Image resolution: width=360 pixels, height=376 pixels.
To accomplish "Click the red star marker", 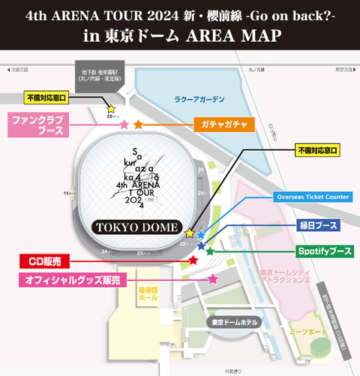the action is click(193, 260).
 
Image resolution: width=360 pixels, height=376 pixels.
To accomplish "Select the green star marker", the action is click(210, 251).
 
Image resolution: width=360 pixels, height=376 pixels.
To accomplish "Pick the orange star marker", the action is click(138, 124).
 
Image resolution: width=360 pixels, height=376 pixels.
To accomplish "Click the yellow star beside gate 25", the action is click(112, 110).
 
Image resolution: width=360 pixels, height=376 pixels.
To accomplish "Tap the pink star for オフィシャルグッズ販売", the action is click(213, 279).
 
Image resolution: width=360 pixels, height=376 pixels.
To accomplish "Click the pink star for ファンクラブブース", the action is click(124, 125).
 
